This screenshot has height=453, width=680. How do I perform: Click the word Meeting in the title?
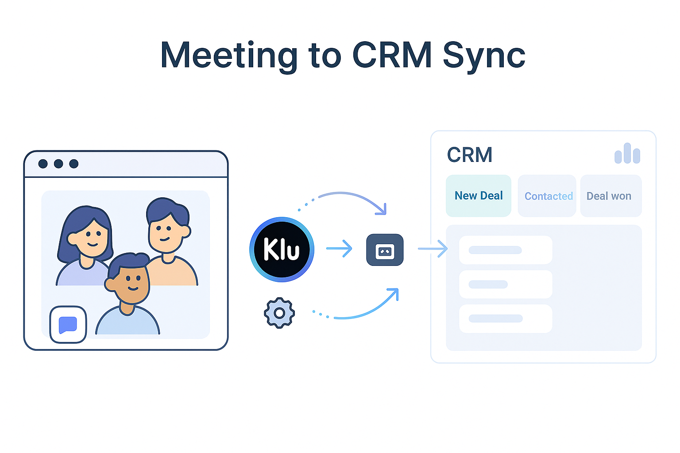click(x=228, y=56)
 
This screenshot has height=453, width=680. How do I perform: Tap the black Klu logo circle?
click(x=282, y=250)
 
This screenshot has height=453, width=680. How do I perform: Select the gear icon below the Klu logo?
click(x=279, y=313)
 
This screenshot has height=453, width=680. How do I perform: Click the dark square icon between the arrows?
click(x=385, y=250)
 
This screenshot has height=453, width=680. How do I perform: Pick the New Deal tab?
click(x=479, y=196)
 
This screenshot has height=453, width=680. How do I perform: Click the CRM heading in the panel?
click(x=470, y=155)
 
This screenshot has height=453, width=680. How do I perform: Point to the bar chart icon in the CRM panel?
click(x=627, y=154)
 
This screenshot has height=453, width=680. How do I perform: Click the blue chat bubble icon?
click(x=68, y=325)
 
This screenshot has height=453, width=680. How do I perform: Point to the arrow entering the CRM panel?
click(x=433, y=249)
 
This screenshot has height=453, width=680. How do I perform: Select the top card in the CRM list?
click(x=506, y=250)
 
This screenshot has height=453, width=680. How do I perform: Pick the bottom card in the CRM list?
click(x=506, y=319)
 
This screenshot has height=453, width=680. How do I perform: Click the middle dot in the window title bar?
click(x=58, y=164)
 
